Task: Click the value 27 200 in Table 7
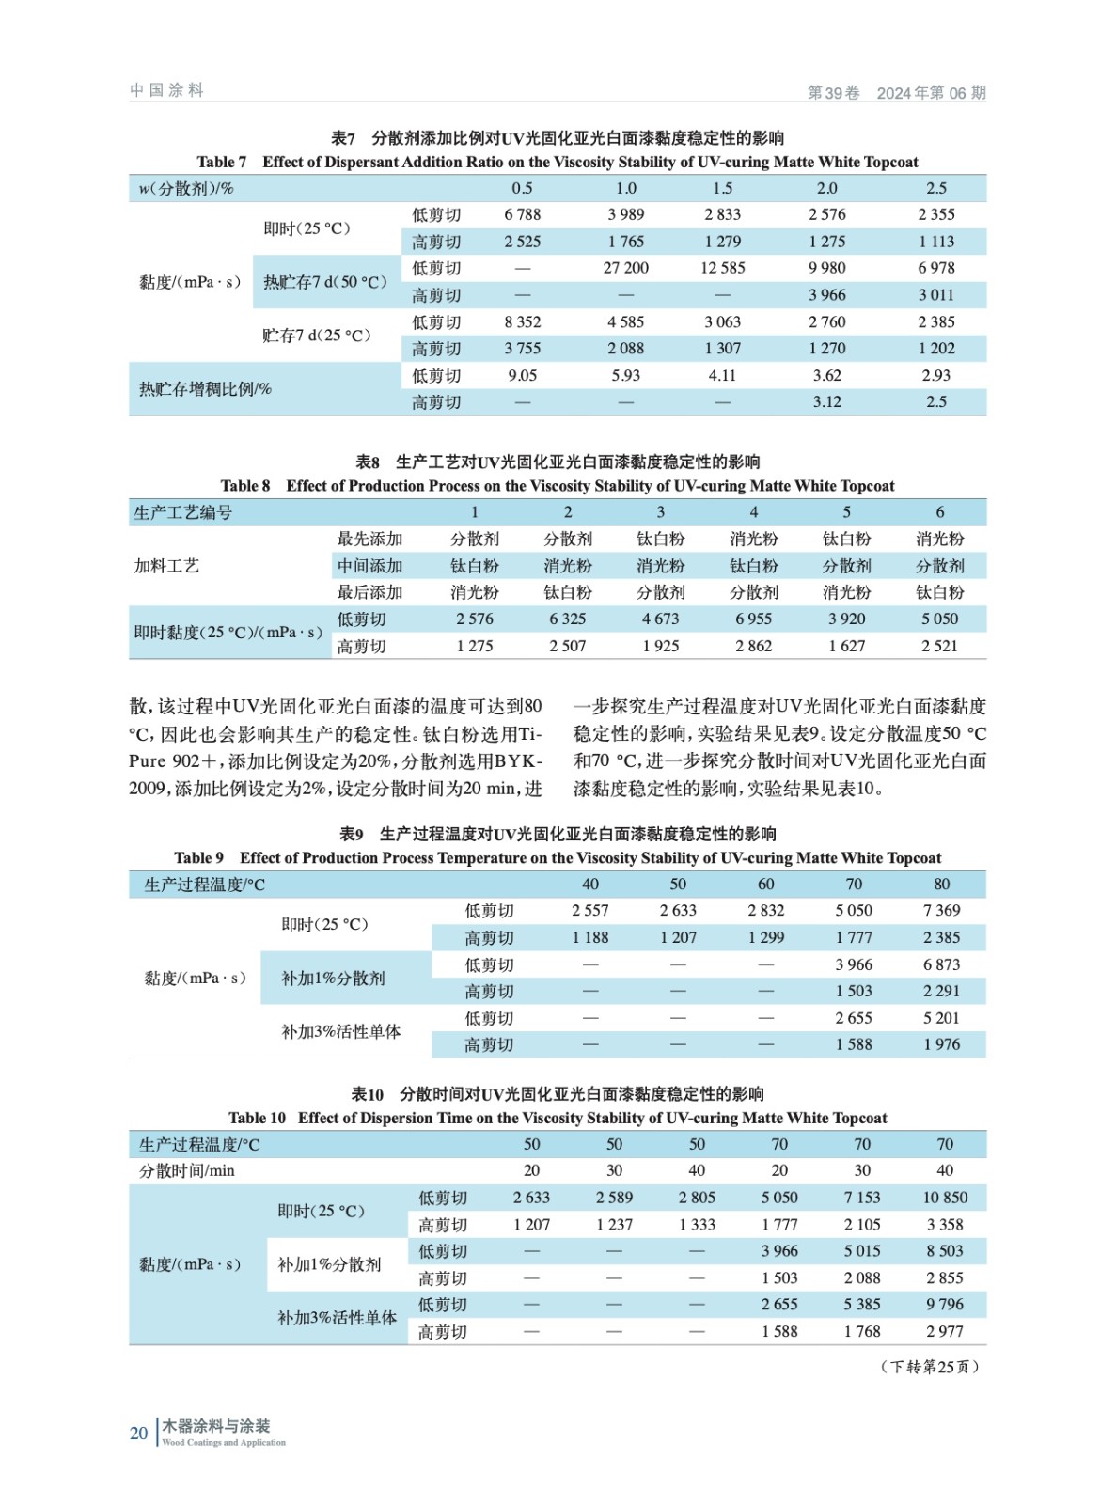(x=625, y=268)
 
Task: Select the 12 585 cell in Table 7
(x=722, y=268)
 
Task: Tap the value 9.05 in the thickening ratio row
(x=522, y=375)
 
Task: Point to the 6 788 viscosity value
(x=522, y=214)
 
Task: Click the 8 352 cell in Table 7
(x=522, y=321)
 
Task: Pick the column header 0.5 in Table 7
(x=522, y=188)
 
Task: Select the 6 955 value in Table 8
(x=753, y=619)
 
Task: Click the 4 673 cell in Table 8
(x=660, y=619)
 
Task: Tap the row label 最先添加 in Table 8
(x=369, y=539)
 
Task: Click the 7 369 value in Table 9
(x=941, y=910)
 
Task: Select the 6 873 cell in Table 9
(x=941, y=964)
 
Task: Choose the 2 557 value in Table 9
(x=589, y=910)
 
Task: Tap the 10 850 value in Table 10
(x=945, y=1198)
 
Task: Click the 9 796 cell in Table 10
(x=945, y=1305)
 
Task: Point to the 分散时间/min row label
(x=187, y=1170)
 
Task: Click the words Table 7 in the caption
(x=221, y=162)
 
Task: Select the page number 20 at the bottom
(x=138, y=1433)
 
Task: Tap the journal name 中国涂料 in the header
(x=166, y=90)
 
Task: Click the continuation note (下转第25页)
(x=929, y=1367)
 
